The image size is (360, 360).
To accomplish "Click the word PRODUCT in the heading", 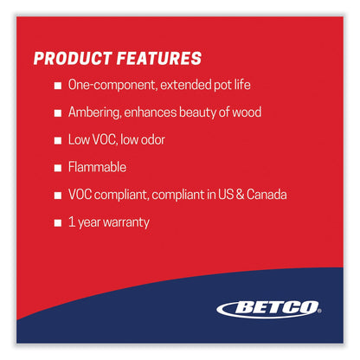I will coord(72,60).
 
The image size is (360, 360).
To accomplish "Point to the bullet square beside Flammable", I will coord(57,168).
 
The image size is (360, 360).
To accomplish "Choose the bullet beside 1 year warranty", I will coord(57,222).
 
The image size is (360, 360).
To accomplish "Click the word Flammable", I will coord(100,168).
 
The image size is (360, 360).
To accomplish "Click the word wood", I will coord(247,113).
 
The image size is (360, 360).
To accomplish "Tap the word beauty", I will coord(198,113).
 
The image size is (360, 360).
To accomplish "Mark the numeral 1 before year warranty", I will coord(71,222).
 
